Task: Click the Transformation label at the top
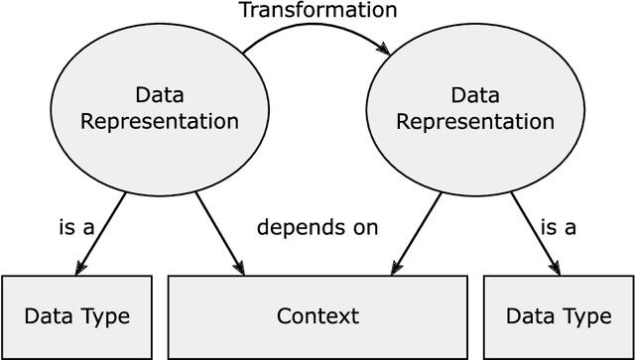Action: coord(317,12)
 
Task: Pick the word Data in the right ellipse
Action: coord(474,96)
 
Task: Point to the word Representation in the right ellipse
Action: coord(474,122)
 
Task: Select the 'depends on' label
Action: coord(317,228)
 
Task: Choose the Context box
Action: coord(317,317)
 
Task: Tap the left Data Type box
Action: coord(77,317)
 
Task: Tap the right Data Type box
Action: coord(559,317)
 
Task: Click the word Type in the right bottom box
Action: coord(586,317)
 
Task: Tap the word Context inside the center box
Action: coord(317,317)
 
